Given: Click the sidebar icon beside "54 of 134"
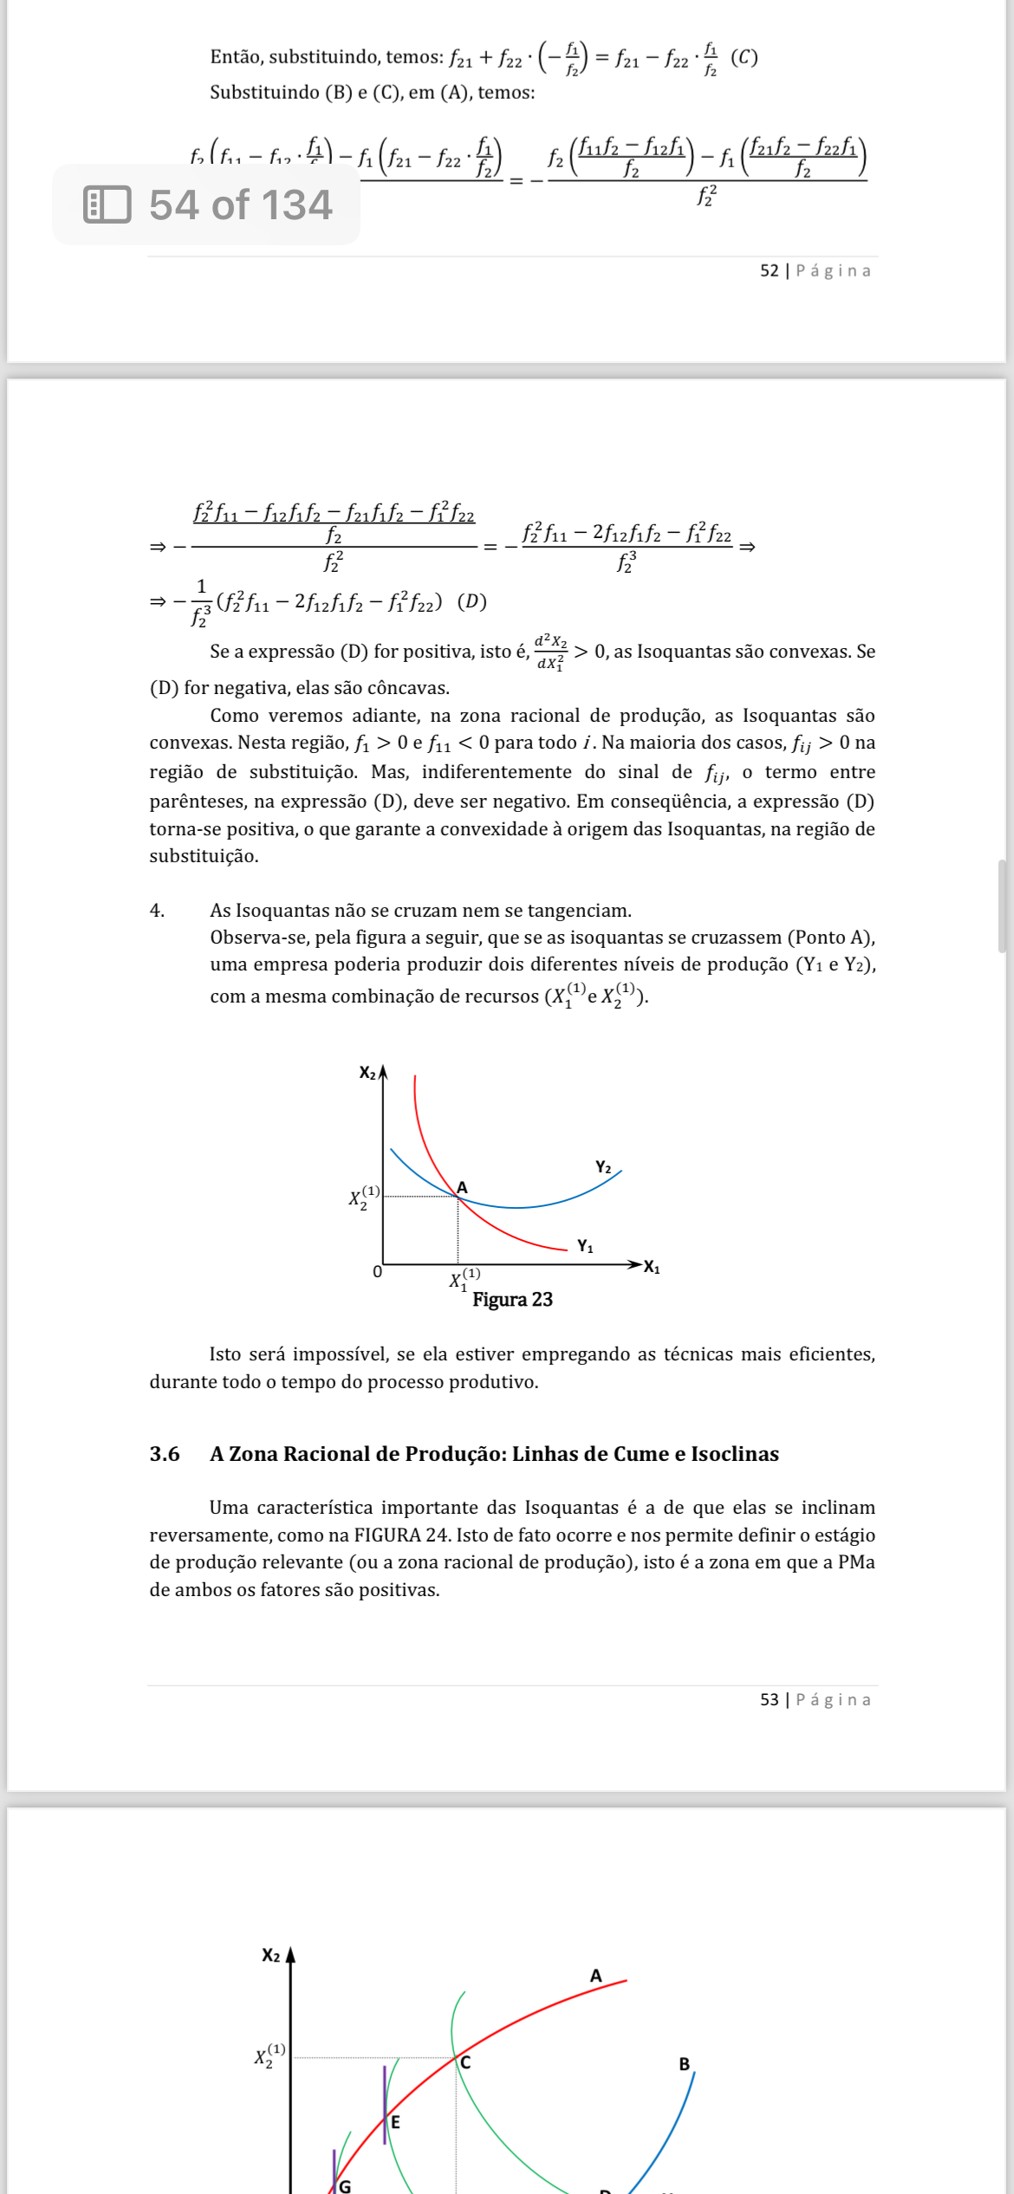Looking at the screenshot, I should [107, 205].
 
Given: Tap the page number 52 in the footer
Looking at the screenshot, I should [769, 271].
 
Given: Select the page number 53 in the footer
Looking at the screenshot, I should [769, 1699].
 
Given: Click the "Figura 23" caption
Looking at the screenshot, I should [512, 1300].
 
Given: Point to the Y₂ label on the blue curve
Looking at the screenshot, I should [603, 1168].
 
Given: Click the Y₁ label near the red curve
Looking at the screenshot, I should [586, 1247].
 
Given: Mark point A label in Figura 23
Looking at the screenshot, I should [463, 1188].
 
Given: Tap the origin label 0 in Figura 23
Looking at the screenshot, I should [377, 1272].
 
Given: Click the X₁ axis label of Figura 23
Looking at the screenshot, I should [652, 1268].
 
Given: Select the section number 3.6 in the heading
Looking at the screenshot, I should [165, 1454].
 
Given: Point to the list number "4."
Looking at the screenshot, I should [157, 911].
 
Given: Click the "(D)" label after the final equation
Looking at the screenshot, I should [471, 602].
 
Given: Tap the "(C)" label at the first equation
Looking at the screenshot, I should [744, 58].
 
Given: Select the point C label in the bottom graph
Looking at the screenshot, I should [465, 2063].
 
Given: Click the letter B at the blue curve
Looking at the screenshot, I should [684, 2064].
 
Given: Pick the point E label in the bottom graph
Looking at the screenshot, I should [396, 2122].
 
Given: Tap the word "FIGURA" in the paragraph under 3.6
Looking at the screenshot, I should [387, 1535].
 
